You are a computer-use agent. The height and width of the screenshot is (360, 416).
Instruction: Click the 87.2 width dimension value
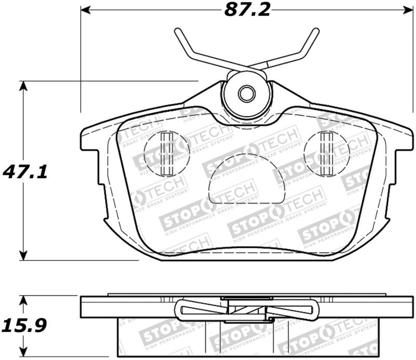pos(248,10)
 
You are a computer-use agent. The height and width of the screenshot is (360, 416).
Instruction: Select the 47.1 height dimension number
pos(25,171)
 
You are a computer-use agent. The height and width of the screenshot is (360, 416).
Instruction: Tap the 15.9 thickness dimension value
pos(25,326)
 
